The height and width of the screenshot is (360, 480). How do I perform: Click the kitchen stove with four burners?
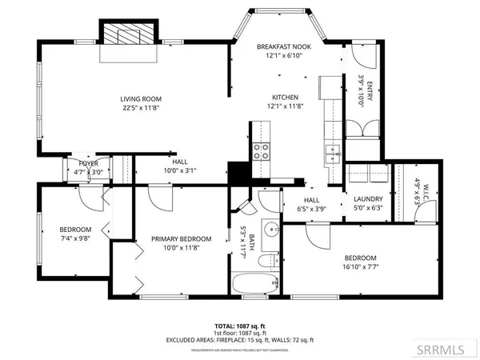[x=262, y=152]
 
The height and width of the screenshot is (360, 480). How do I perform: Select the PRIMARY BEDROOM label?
[x=182, y=238]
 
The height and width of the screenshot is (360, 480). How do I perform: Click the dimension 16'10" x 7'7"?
[x=360, y=267]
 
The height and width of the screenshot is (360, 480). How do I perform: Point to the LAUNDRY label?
[x=369, y=199]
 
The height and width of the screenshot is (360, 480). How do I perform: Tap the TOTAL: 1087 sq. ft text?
[x=240, y=327]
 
